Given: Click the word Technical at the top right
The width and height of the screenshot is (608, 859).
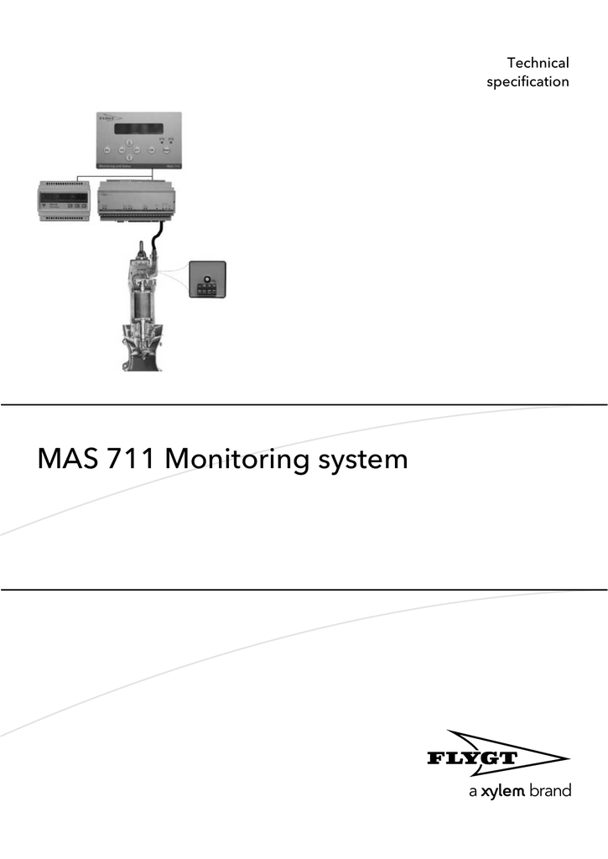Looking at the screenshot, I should pyautogui.click(x=538, y=63).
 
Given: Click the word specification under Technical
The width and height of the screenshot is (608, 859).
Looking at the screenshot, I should pyautogui.click(x=527, y=82).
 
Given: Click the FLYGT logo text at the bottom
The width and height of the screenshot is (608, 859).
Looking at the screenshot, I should pyautogui.click(x=473, y=760).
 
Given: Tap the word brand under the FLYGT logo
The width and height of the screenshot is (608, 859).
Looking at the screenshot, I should pyautogui.click(x=550, y=791).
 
